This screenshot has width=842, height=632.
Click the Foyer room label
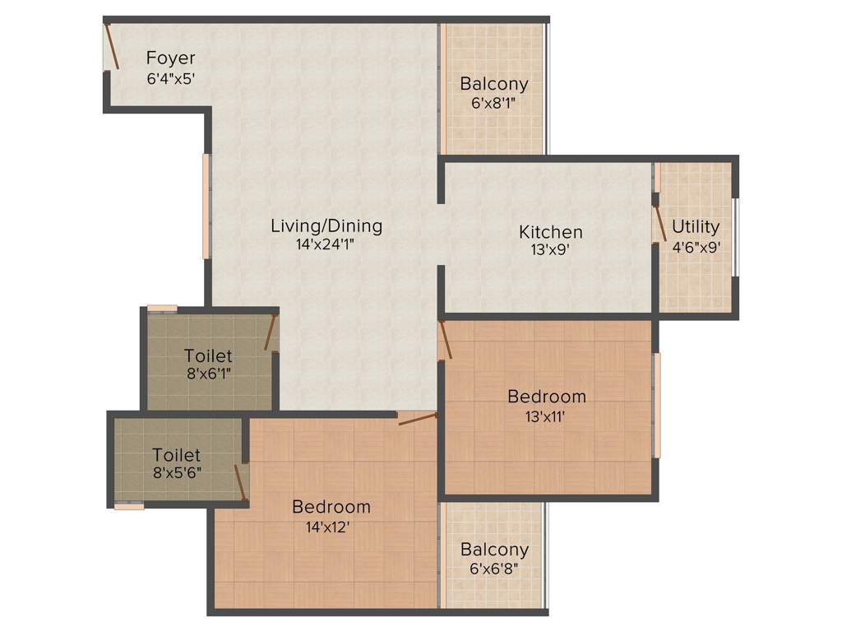171,58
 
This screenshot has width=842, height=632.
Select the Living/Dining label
326,225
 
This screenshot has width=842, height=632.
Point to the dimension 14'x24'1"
326,244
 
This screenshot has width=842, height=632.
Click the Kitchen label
550,232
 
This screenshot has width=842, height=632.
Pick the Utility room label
696,226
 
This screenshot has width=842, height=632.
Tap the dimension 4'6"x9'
696,245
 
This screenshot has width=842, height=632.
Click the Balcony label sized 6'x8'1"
493,84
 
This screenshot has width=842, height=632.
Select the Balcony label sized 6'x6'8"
493,549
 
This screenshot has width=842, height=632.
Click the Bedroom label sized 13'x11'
547,397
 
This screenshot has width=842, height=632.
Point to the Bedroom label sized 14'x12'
331,507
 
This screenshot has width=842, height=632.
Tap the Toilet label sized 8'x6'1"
208,356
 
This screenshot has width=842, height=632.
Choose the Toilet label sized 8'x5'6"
176,454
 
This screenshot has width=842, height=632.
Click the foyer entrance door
111,47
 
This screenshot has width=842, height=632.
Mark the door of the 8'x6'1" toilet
270,332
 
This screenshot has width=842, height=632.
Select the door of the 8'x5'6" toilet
241,481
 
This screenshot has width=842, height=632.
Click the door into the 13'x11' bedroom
445,340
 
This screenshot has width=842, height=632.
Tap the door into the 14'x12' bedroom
417,419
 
